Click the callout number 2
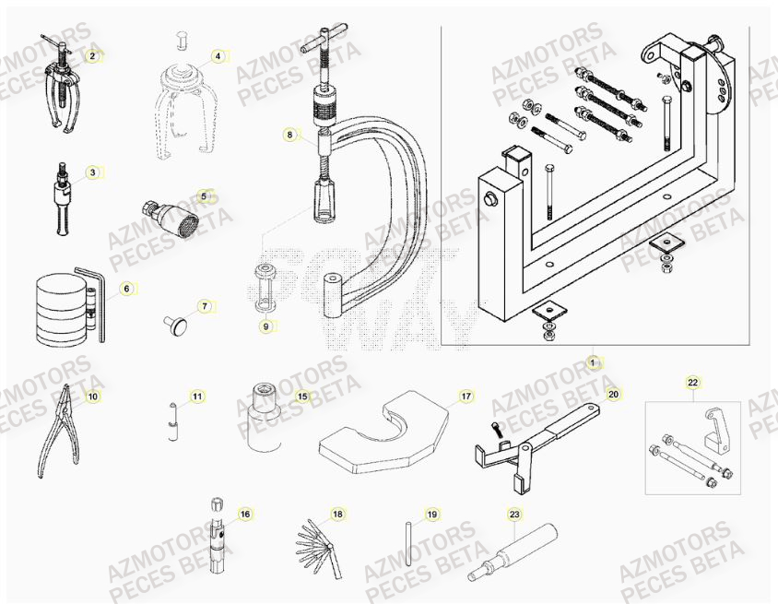(x=91, y=55)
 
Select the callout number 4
(x=218, y=55)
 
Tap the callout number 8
(x=289, y=135)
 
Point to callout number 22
(x=693, y=381)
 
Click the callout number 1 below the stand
(x=593, y=361)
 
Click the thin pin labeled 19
(x=407, y=547)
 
